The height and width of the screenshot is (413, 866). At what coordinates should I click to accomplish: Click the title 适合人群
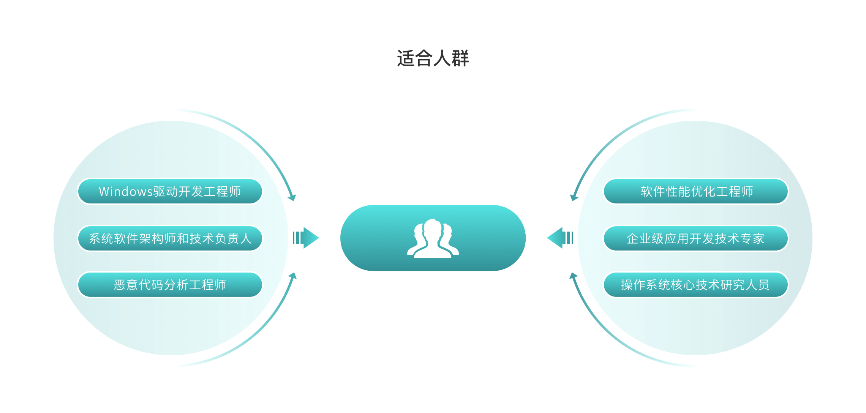click(433, 58)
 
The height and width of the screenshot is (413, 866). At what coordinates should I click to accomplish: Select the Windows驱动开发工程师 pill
click(170, 191)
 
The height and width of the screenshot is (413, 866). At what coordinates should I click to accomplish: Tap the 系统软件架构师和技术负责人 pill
click(170, 238)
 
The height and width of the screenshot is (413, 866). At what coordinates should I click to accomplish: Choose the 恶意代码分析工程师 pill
click(170, 285)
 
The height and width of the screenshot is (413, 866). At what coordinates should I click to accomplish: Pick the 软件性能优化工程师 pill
click(696, 191)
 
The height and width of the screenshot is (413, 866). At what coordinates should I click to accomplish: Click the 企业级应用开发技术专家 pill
click(696, 238)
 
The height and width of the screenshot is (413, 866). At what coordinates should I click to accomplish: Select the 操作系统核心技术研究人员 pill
click(696, 285)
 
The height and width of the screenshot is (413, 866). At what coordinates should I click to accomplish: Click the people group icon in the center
click(433, 238)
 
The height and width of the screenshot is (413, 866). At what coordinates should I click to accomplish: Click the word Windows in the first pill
click(126, 192)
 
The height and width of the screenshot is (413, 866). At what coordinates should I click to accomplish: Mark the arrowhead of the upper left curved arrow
click(292, 197)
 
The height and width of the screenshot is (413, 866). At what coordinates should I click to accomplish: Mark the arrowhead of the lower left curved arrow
click(293, 276)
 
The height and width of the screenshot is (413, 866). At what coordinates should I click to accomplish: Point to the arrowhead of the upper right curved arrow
click(574, 197)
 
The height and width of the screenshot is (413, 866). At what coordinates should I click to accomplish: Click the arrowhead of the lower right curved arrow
click(573, 276)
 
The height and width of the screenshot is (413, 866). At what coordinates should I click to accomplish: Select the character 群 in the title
click(460, 58)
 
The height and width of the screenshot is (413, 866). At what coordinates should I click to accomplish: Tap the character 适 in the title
click(406, 58)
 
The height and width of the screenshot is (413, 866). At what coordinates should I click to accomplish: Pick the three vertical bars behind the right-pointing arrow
click(297, 238)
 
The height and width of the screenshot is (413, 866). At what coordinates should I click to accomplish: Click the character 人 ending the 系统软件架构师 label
click(246, 238)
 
